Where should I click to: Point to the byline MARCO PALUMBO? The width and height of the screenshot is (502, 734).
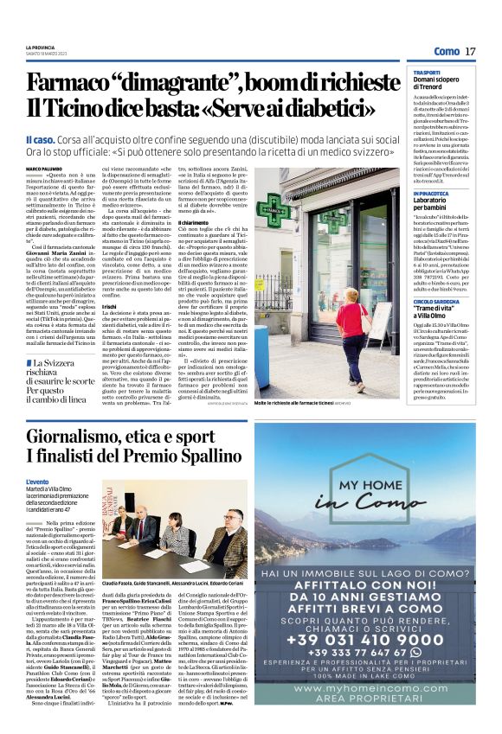pyautogui.click(x=44, y=169)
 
